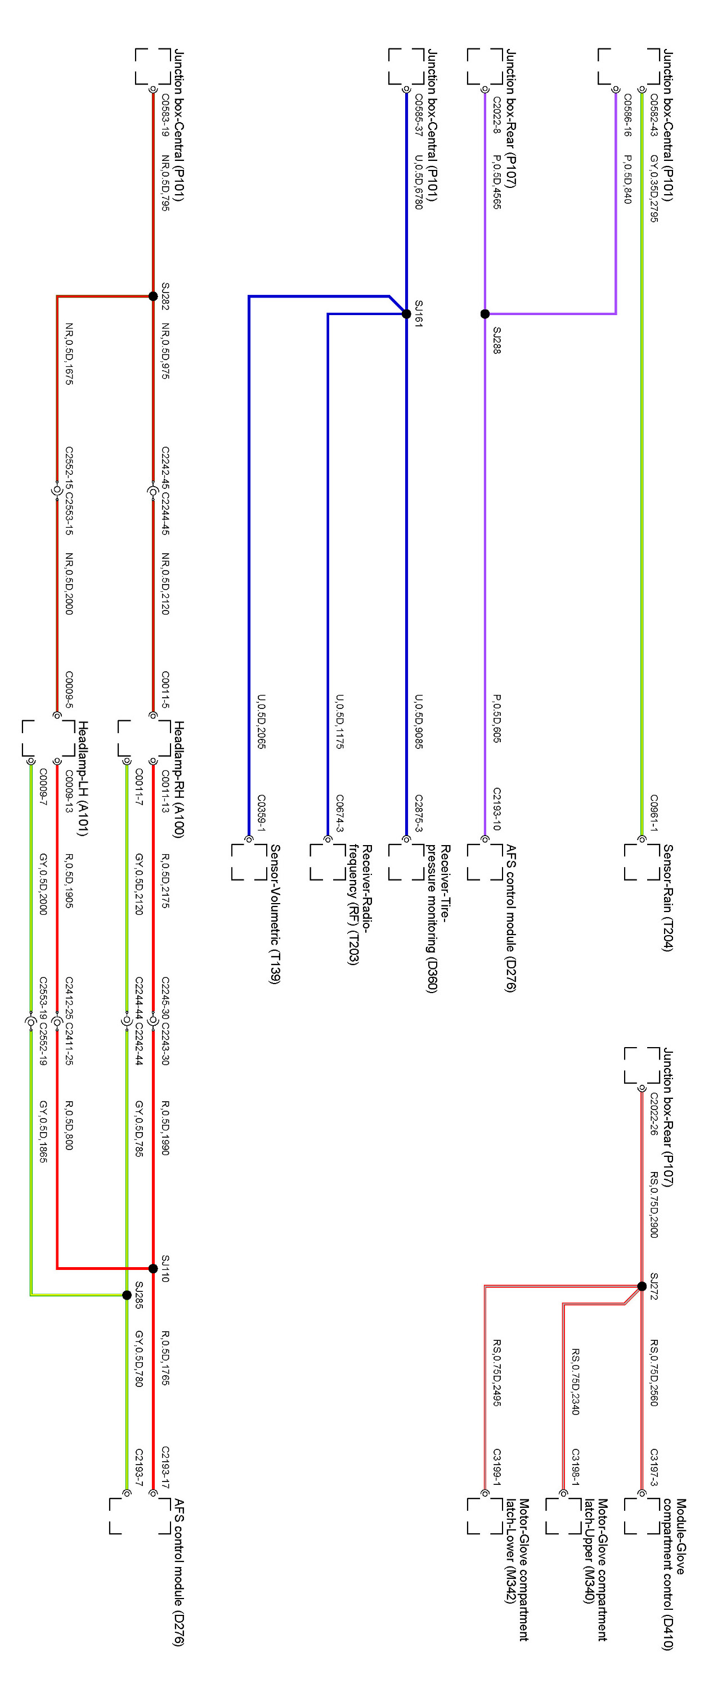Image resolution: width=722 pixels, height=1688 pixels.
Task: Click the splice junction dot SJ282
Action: [153, 296]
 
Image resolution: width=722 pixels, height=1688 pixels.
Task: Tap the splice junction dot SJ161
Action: [406, 314]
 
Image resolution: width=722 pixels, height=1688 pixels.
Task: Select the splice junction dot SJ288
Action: [485, 314]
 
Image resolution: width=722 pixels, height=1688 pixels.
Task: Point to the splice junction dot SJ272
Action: [642, 1286]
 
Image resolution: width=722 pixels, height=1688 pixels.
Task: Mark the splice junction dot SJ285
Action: [127, 1295]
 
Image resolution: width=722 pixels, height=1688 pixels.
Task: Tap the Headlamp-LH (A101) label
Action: [83, 779]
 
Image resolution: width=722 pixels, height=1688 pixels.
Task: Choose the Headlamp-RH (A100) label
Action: [178, 779]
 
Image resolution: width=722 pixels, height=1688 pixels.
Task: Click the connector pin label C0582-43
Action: [653, 115]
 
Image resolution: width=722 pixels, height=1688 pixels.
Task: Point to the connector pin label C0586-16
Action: [627, 115]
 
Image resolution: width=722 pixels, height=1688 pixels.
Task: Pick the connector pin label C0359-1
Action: [261, 813]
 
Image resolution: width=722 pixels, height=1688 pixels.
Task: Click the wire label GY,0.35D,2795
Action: [653, 188]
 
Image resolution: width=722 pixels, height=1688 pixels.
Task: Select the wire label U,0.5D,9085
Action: [418, 721]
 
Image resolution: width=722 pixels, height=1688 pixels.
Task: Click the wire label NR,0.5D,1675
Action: [69, 353]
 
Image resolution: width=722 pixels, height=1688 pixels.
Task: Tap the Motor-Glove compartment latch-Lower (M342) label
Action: [517, 1569]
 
